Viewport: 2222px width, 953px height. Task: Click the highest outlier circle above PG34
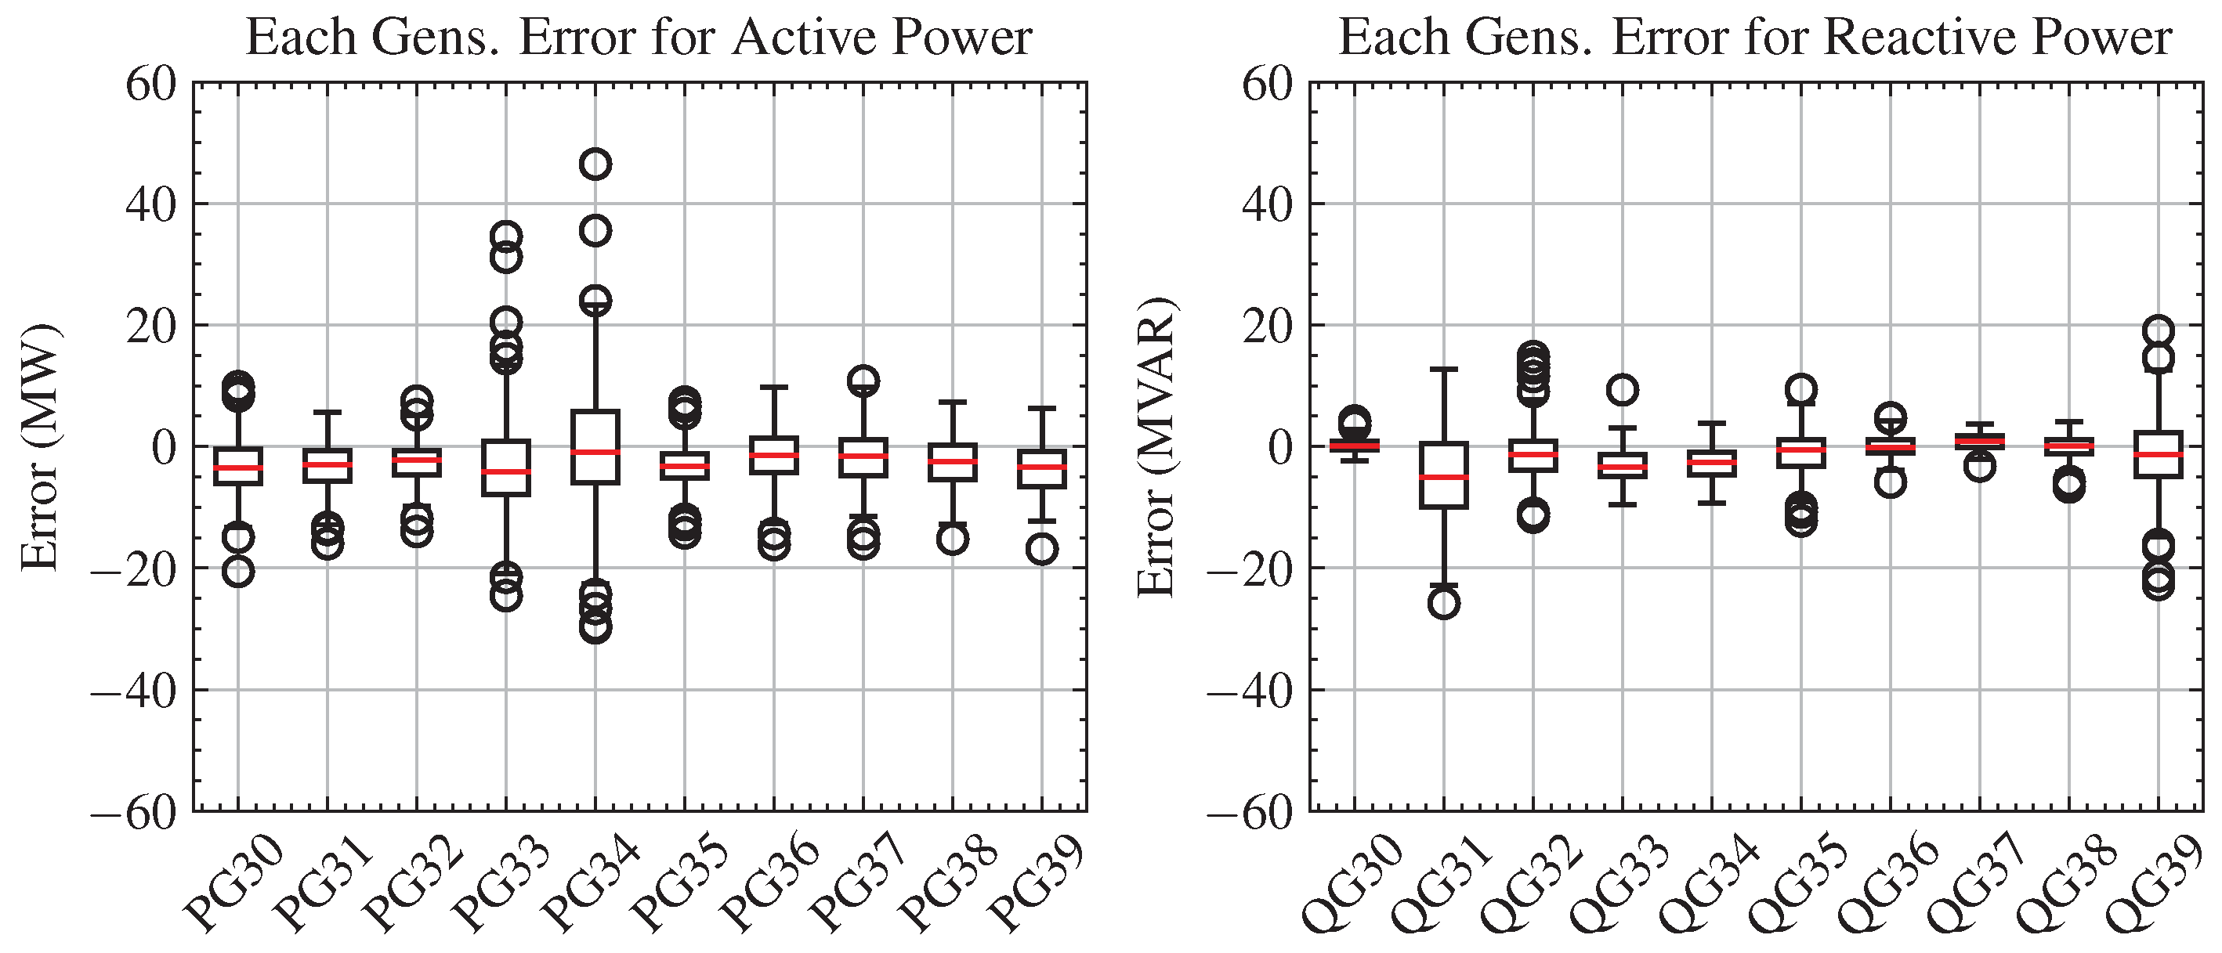coord(595,164)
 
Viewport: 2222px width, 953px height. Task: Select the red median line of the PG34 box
coord(595,452)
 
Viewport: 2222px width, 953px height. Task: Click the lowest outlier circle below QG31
coord(1444,604)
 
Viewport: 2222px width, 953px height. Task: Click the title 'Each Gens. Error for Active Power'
coord(639,38)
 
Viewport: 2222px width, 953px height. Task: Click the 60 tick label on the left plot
coord(151,85)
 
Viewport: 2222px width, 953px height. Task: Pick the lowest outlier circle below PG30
coord(238,572)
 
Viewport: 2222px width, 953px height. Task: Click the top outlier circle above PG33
coord(505,236)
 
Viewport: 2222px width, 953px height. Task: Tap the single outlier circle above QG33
coord(1623,390)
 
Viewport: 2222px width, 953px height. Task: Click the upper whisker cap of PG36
coord(774,388)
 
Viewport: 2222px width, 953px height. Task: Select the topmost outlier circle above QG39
coord(2159,330)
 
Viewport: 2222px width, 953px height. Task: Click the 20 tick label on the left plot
coord(151,327)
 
